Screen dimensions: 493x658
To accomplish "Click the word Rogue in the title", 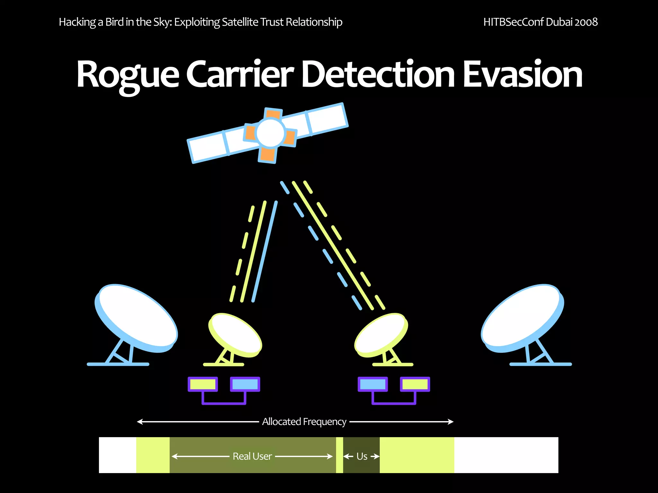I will click(x=128, y=75).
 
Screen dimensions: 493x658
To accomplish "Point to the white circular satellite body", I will click(x=271, y=133).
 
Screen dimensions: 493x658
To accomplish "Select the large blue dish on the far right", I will click(x=522, y=318).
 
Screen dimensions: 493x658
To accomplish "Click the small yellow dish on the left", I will click(x=235, y=335).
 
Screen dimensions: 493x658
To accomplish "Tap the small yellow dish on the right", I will click(x=381, y=335).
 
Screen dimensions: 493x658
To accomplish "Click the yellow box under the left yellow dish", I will click(x=203, y=384).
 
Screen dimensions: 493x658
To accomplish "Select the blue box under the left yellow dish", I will click(x=245, y=384).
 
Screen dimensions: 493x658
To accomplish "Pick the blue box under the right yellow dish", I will click(x=373, y=384).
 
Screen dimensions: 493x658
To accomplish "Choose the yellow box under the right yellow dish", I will click(x=415, y=384).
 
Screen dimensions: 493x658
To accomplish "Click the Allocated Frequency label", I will click(x=304, y=421).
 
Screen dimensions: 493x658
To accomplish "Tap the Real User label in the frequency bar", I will click(x=252, y=456).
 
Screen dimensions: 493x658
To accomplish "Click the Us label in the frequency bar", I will click(x=362, y=456).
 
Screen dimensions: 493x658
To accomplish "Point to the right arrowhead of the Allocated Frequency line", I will click(x=451, y=421).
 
